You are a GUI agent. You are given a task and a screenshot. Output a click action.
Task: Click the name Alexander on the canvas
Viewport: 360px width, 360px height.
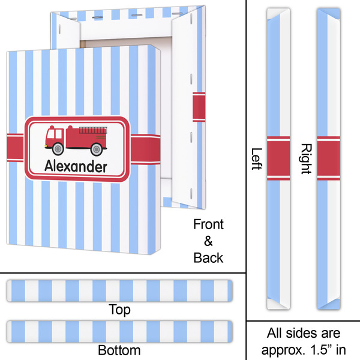pos(77,167)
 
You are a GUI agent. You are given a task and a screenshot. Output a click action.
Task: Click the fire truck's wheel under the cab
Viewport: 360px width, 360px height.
pos(58,148)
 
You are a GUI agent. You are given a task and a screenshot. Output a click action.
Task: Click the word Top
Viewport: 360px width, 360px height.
pos(120,310)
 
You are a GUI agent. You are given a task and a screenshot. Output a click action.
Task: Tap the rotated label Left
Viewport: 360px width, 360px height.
pos(257,159)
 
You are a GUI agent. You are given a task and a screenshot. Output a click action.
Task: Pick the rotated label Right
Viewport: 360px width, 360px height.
pos(305,158)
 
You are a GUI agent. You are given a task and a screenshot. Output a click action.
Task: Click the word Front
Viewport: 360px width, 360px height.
pos(208,225)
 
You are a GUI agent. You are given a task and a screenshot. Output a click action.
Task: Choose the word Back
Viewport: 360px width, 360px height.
pos(208,258)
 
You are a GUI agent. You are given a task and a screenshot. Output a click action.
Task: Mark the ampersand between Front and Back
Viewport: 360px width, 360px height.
pos(208,241)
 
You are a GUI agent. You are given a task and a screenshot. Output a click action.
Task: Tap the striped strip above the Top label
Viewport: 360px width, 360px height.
pos(120,292)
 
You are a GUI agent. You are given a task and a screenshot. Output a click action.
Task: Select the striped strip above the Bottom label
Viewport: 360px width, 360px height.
pos(120,331)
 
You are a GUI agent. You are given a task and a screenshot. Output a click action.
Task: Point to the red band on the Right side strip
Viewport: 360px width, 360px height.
pos(328,158)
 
